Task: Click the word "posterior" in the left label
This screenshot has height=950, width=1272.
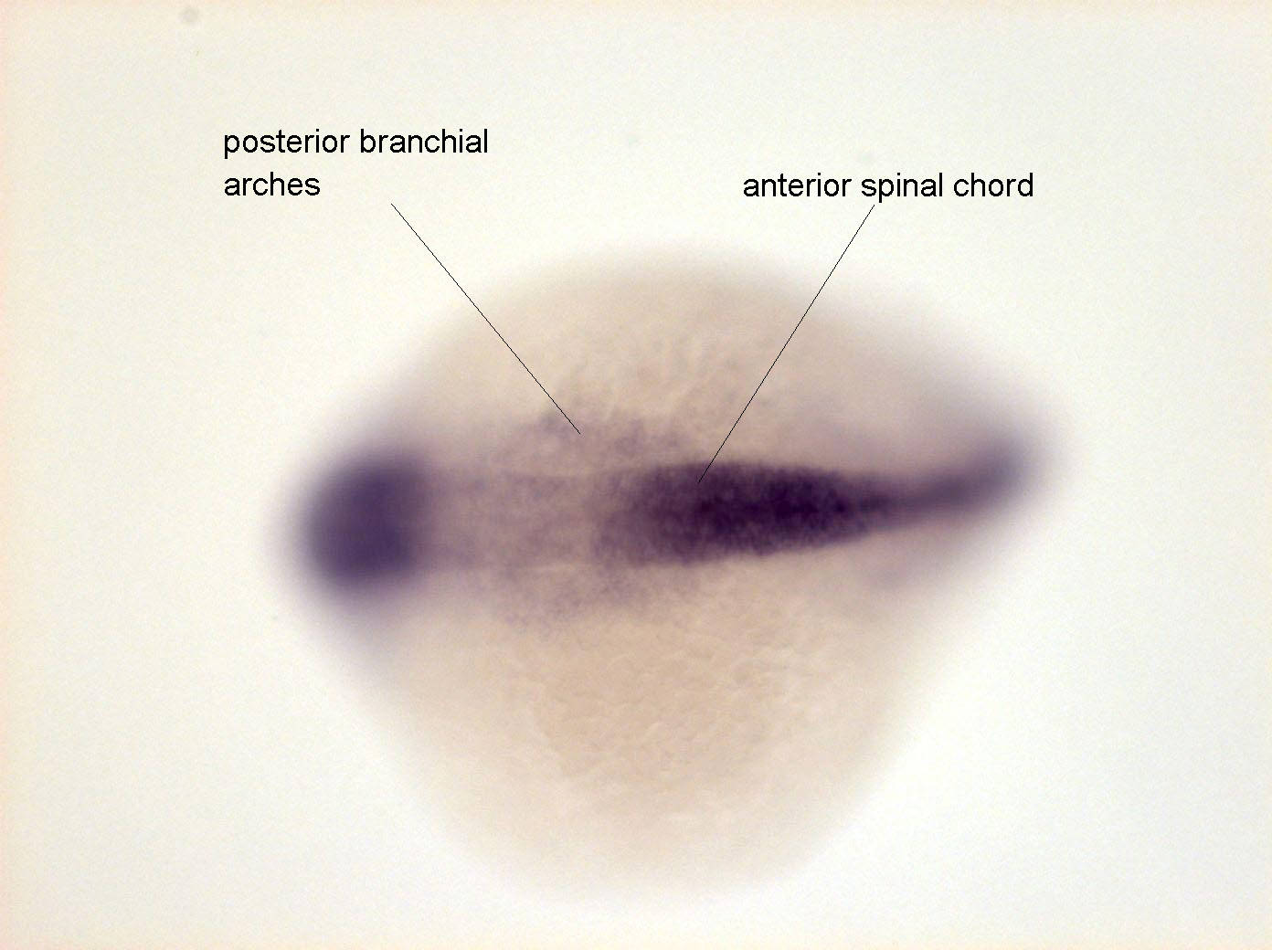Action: (x=286, y=143)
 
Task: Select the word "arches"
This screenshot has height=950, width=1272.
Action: (x=271, y=185)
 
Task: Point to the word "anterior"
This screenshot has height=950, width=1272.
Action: (x=797, y=186)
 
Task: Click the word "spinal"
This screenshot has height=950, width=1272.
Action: (x=906, y=187)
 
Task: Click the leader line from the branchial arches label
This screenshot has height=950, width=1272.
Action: (x=485, y=319)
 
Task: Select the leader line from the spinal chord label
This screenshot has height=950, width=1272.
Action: (x=787, y=343)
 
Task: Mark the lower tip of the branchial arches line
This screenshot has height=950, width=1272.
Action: (x=580, y=435)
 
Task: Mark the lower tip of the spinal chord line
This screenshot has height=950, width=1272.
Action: (x=698, y=482)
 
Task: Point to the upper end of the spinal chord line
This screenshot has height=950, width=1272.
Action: (x=874, y=205)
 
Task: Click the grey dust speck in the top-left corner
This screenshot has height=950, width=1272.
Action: (x=189, y=16)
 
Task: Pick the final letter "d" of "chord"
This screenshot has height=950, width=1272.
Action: (x=1025, y=185)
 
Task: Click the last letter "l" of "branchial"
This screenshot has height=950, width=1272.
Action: (x=485, y=141)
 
